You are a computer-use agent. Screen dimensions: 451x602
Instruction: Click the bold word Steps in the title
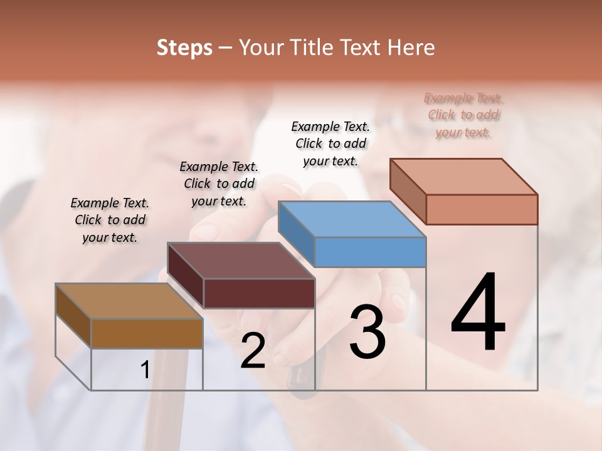184,48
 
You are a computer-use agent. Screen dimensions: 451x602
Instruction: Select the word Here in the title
411,48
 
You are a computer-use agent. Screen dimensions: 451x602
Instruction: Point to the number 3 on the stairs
367,331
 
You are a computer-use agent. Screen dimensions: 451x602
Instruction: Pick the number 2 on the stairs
253,351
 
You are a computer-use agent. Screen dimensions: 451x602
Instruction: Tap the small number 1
145,370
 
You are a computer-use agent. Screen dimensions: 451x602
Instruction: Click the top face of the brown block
129,301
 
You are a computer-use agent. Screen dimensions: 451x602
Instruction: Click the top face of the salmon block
463,177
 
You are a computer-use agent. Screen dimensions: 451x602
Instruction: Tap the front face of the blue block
370,252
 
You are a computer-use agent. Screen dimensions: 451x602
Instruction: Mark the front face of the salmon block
482,209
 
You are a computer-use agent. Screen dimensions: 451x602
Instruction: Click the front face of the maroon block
259,293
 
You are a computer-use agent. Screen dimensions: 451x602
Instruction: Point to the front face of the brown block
147,333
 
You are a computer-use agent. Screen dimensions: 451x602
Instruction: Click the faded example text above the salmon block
463,115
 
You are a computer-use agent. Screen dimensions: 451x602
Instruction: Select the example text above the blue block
330,143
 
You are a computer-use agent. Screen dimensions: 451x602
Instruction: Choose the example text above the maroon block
219,184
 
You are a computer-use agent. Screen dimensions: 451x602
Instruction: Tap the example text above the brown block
110,220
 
